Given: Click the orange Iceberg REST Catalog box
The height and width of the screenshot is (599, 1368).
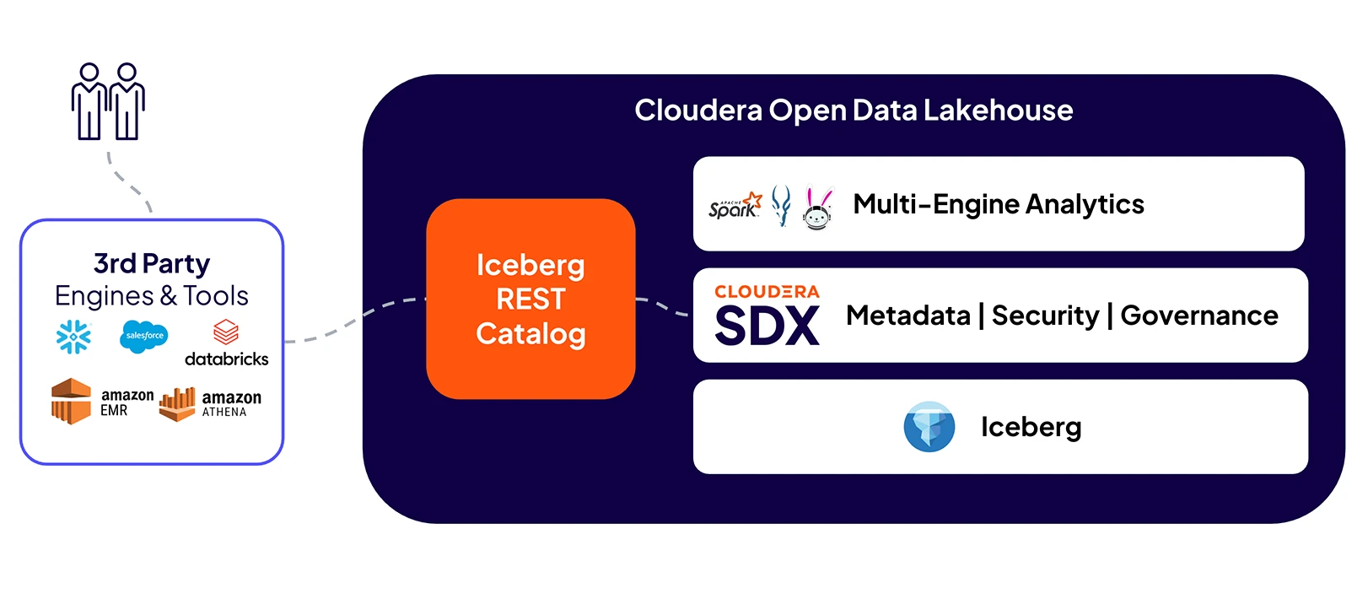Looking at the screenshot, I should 531,299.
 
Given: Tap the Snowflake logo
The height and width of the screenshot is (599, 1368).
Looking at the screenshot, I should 73,337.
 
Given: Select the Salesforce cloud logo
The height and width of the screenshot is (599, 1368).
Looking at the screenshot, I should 144,336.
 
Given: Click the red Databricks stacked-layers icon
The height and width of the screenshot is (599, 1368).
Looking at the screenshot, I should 226,332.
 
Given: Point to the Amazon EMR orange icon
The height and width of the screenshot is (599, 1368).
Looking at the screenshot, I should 71,401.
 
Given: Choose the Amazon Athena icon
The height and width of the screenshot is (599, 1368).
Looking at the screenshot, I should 177,404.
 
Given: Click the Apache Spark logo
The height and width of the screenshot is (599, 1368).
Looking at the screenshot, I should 735,205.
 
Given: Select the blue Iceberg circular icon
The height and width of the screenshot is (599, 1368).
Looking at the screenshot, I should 929,427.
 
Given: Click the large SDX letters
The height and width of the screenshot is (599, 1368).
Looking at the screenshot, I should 767,326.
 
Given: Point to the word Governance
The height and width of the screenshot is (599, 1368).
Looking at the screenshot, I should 1198,316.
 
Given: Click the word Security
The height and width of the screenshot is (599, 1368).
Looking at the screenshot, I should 1045,316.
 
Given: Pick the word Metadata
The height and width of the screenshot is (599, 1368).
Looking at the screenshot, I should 908,316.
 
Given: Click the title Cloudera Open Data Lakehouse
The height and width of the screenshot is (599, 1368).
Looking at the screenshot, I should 854,111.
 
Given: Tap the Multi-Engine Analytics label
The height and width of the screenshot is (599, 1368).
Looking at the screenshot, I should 998,204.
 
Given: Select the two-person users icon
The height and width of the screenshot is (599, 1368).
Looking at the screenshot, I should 108,101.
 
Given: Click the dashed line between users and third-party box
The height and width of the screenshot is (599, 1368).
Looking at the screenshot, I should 127,181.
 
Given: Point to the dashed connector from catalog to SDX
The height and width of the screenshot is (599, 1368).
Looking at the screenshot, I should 662,305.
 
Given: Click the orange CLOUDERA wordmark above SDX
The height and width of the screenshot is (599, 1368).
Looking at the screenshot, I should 767,292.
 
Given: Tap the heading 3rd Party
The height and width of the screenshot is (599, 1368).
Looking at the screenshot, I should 152,264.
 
